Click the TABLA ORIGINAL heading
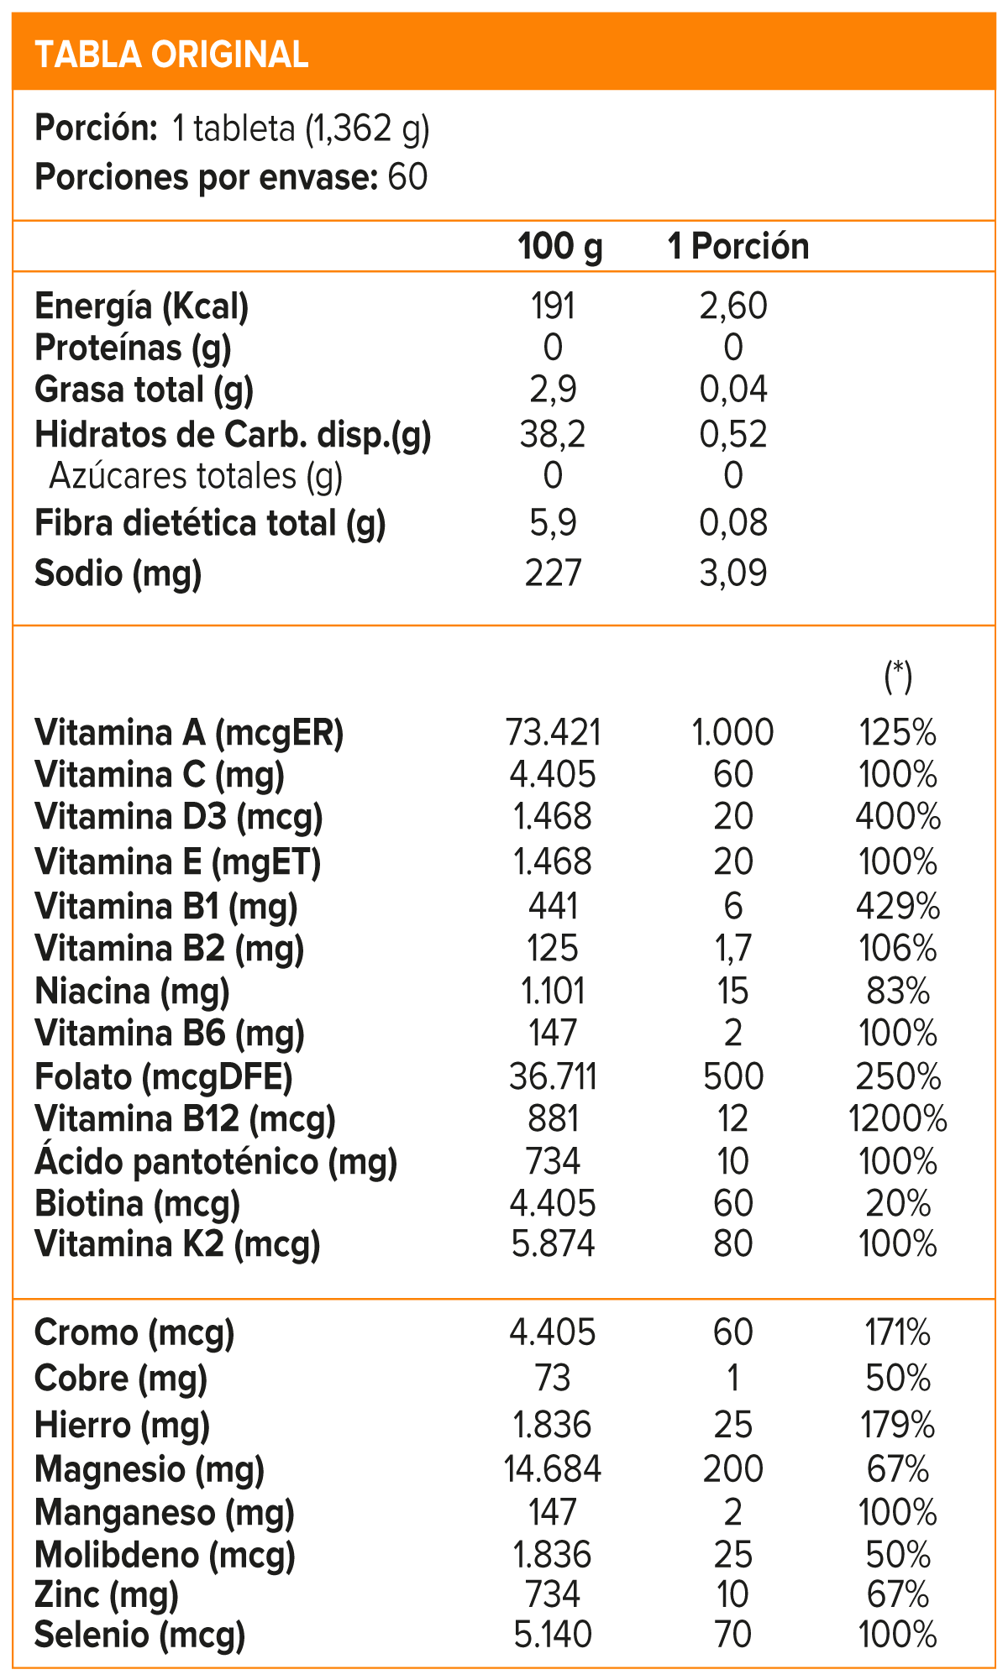[x=172, y=55]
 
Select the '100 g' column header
[x=559, y=247]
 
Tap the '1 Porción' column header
[x=738, y=247]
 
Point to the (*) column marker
[x=898, y=676]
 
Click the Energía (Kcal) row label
[x=142, y=306]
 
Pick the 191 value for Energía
[x=553, y=306]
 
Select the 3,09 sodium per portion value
[x=733, y=573]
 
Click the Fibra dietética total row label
[x=210, y=524]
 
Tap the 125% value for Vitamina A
[x=897, y=733]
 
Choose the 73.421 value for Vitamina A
[x=554, y=733]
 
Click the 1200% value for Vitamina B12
[x=897, y=1119]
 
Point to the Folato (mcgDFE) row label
[x=164, y=1077]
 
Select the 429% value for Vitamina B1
[x=897, y=907]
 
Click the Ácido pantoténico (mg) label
[x=216, y=1162]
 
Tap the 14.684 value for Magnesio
[x=553, y=1469]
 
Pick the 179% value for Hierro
[x=897, y=1426]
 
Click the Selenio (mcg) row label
[x=139, y=1635]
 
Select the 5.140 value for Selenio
[x=553, y=1635]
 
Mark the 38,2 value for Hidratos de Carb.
[x=553, y=435]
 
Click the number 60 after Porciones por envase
[x=408, y=177]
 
